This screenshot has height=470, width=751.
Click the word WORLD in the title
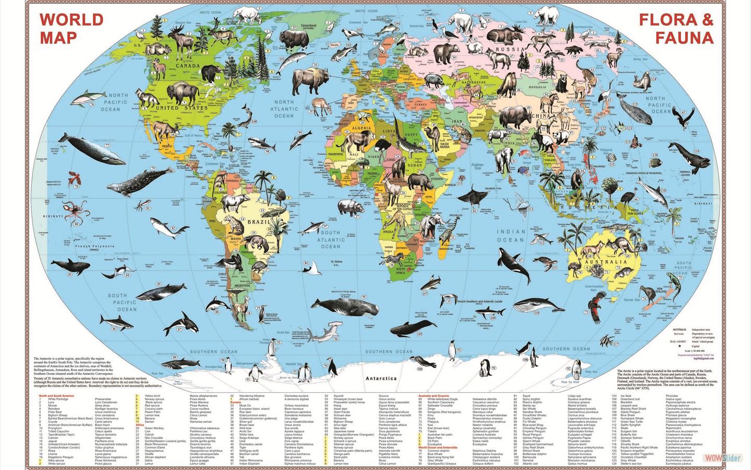(x=71, y=20)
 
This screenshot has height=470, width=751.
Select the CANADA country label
(x=188, y=66)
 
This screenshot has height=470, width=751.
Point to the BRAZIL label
(x=259, y=222)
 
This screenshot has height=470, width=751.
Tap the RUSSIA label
(x=510, y=50)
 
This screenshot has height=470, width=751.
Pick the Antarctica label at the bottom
(x=381, y=378)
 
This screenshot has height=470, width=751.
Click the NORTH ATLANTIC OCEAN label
(x=284, y=109)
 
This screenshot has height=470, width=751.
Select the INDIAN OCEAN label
(x=511, y=236)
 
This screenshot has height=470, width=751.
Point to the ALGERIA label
(x=361, y=128)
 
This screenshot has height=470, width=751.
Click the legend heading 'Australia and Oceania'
(x=433, y=396)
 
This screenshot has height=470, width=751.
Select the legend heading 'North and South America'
(x=56, y=396)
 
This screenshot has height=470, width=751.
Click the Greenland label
(x=308, y=26)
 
